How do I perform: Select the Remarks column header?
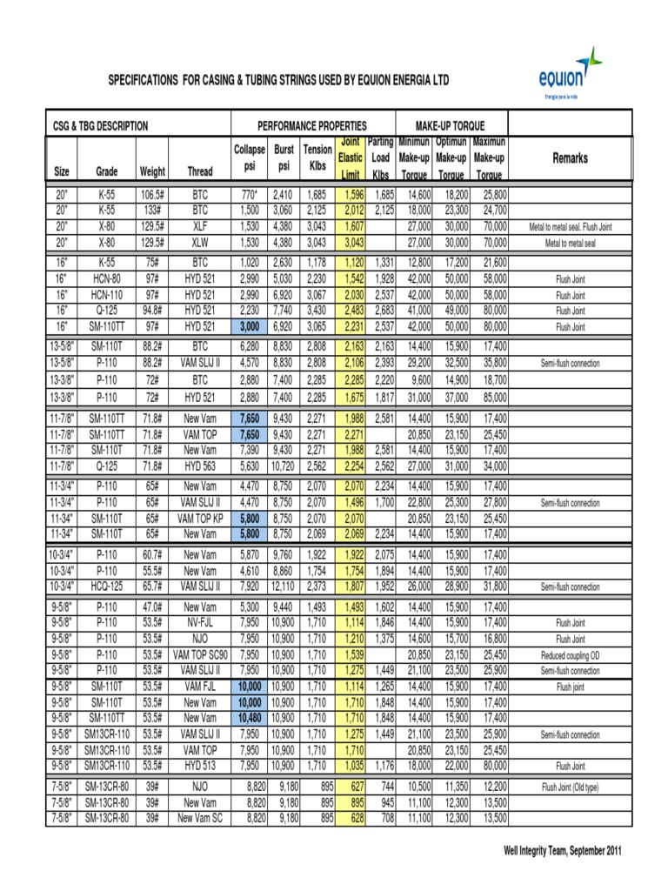pos(570,158)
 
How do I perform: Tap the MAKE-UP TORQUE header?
pos(451,125)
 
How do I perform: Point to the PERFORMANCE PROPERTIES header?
pos(312,125)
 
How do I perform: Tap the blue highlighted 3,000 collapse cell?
pos(249,326)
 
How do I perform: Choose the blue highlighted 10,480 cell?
pos(249,717)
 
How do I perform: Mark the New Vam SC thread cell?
pos(199,819)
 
